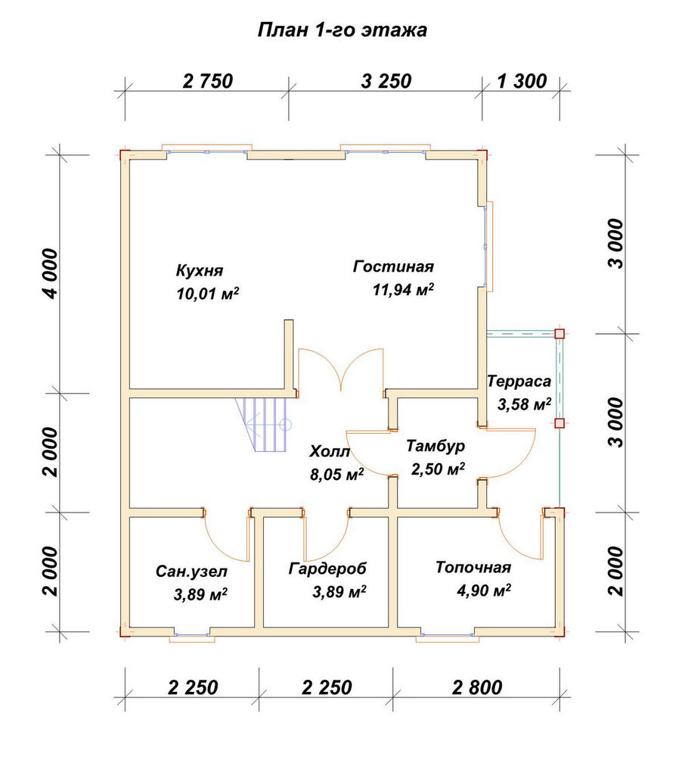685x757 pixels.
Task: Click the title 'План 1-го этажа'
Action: click(x=342, y=30)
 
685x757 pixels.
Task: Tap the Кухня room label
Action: click(x=200, y=270)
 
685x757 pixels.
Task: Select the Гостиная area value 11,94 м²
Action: click(x=403, y=290)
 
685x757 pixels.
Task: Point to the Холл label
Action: click(x=329, y=452)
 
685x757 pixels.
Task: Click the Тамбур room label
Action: click(x=435, y=446)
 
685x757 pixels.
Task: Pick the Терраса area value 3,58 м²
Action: click(x=525, y=404)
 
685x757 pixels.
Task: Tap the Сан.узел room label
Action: click(x=191, y=572)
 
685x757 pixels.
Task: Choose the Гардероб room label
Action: click(x=327, y=569)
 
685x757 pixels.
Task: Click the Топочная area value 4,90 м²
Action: click(x=484, y=590)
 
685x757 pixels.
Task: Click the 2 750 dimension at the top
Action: click(x=208, y=81)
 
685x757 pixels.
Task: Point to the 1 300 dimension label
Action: click(x=522, y=81)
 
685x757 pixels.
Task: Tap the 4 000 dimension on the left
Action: click(x=50, y=274)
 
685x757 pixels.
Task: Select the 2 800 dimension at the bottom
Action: click(x=477, y=687)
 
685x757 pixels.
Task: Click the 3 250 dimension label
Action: click(x=386, y=81)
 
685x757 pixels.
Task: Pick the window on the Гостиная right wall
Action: click(x=488, y=246)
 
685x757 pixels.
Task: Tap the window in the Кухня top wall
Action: click(x=207, y=150)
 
